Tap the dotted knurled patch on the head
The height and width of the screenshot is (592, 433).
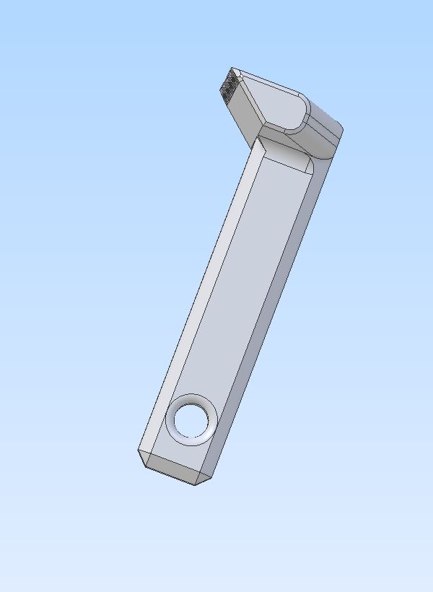point(229,85)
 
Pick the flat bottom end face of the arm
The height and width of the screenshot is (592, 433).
point(178,467)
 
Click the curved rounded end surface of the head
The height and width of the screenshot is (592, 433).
point(325,137)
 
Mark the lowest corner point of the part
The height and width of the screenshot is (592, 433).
point(195,484)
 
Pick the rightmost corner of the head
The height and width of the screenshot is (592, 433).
point(342,131)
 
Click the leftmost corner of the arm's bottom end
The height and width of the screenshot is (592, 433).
point(137,452)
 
